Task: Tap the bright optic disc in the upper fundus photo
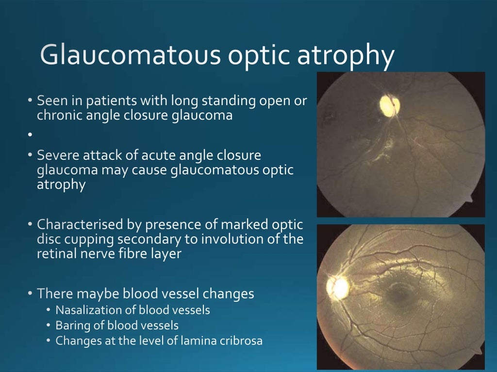click(389, 105)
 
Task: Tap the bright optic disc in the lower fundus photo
click(338, 287)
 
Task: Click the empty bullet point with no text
click(30, 135)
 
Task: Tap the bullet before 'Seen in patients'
click(30, 101)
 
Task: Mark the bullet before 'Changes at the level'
click(49, 341)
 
